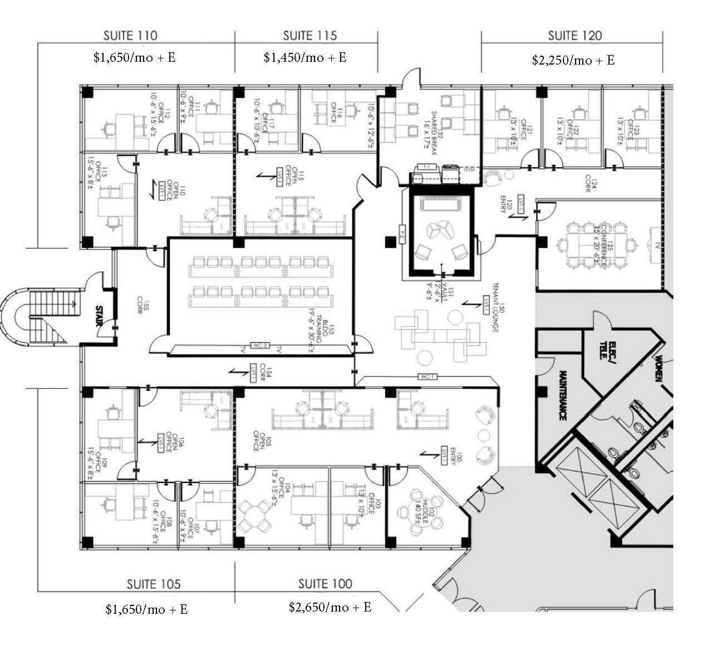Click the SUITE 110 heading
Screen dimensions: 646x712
coord(130,36)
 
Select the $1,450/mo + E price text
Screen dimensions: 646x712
coord(305,57)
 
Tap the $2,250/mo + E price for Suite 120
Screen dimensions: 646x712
coord(573,60)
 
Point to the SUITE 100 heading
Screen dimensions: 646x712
coord(325,584)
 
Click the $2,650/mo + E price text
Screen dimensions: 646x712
coord(330,607)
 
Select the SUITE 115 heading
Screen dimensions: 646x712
coord(310,36)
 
